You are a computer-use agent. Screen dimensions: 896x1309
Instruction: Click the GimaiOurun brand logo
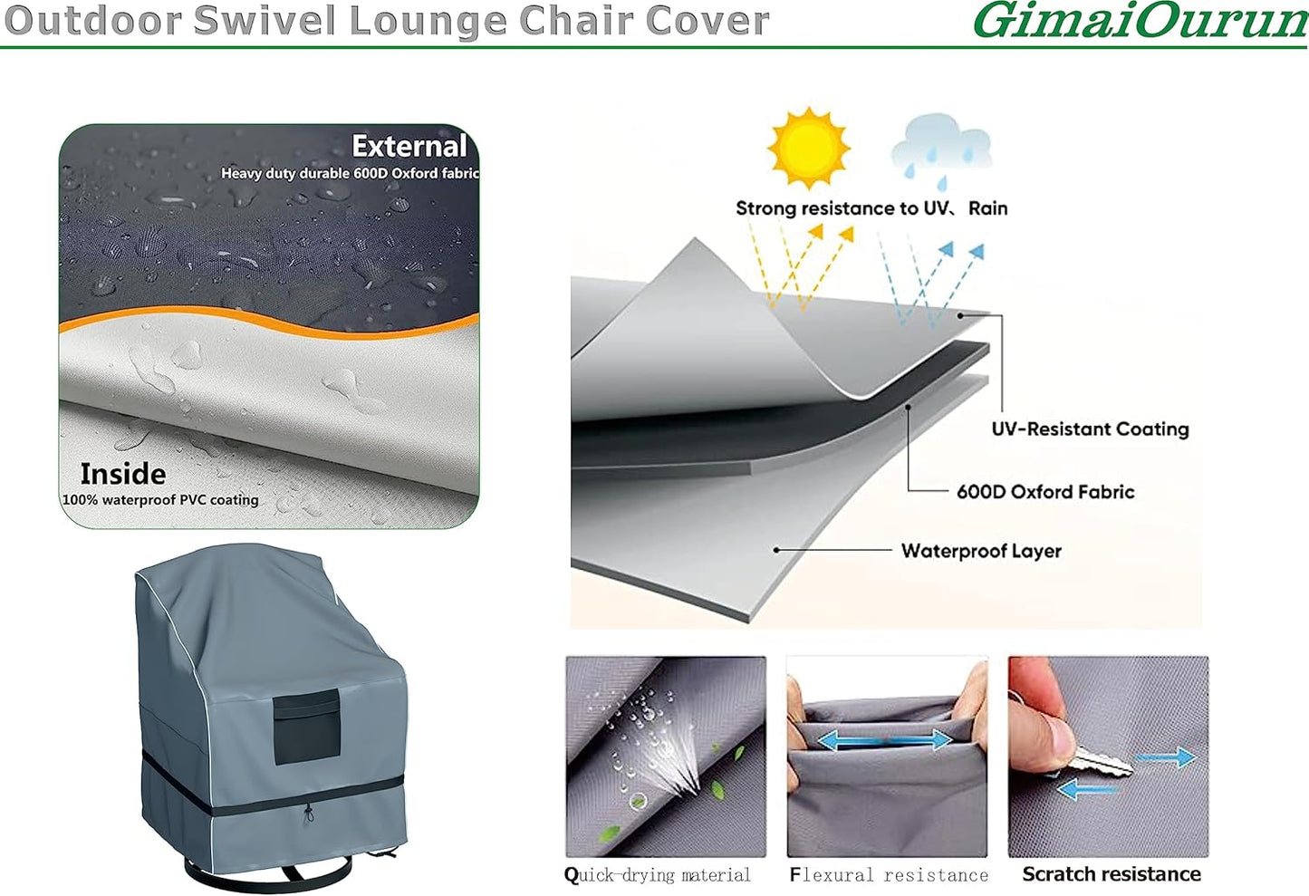tap(1140, 20)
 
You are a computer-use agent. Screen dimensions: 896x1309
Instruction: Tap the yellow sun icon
tap(808, 148)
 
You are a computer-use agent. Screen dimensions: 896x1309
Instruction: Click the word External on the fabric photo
tap(409, 146)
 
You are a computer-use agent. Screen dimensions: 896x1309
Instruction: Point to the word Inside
tap(123, 474)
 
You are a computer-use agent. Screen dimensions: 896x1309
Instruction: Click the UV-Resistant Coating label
tap(1090, 429)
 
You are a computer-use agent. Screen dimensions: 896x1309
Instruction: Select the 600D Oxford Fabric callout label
tap(1045, 492)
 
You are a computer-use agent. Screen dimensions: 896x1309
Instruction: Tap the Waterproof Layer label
tap(981, 551)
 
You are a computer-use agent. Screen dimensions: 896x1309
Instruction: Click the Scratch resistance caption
tap(1112, 874)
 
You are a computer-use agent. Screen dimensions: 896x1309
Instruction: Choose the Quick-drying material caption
tap(658, 875)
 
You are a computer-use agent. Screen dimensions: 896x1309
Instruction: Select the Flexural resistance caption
tap(889, 875)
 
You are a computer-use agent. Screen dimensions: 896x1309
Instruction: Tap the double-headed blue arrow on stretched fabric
tap(884, 741)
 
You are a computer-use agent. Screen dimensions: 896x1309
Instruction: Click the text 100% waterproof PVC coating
tap(160, 500)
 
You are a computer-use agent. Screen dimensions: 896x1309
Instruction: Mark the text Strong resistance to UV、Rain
tap(871, 208)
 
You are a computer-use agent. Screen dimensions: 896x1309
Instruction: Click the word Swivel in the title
tap(284, 21)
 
